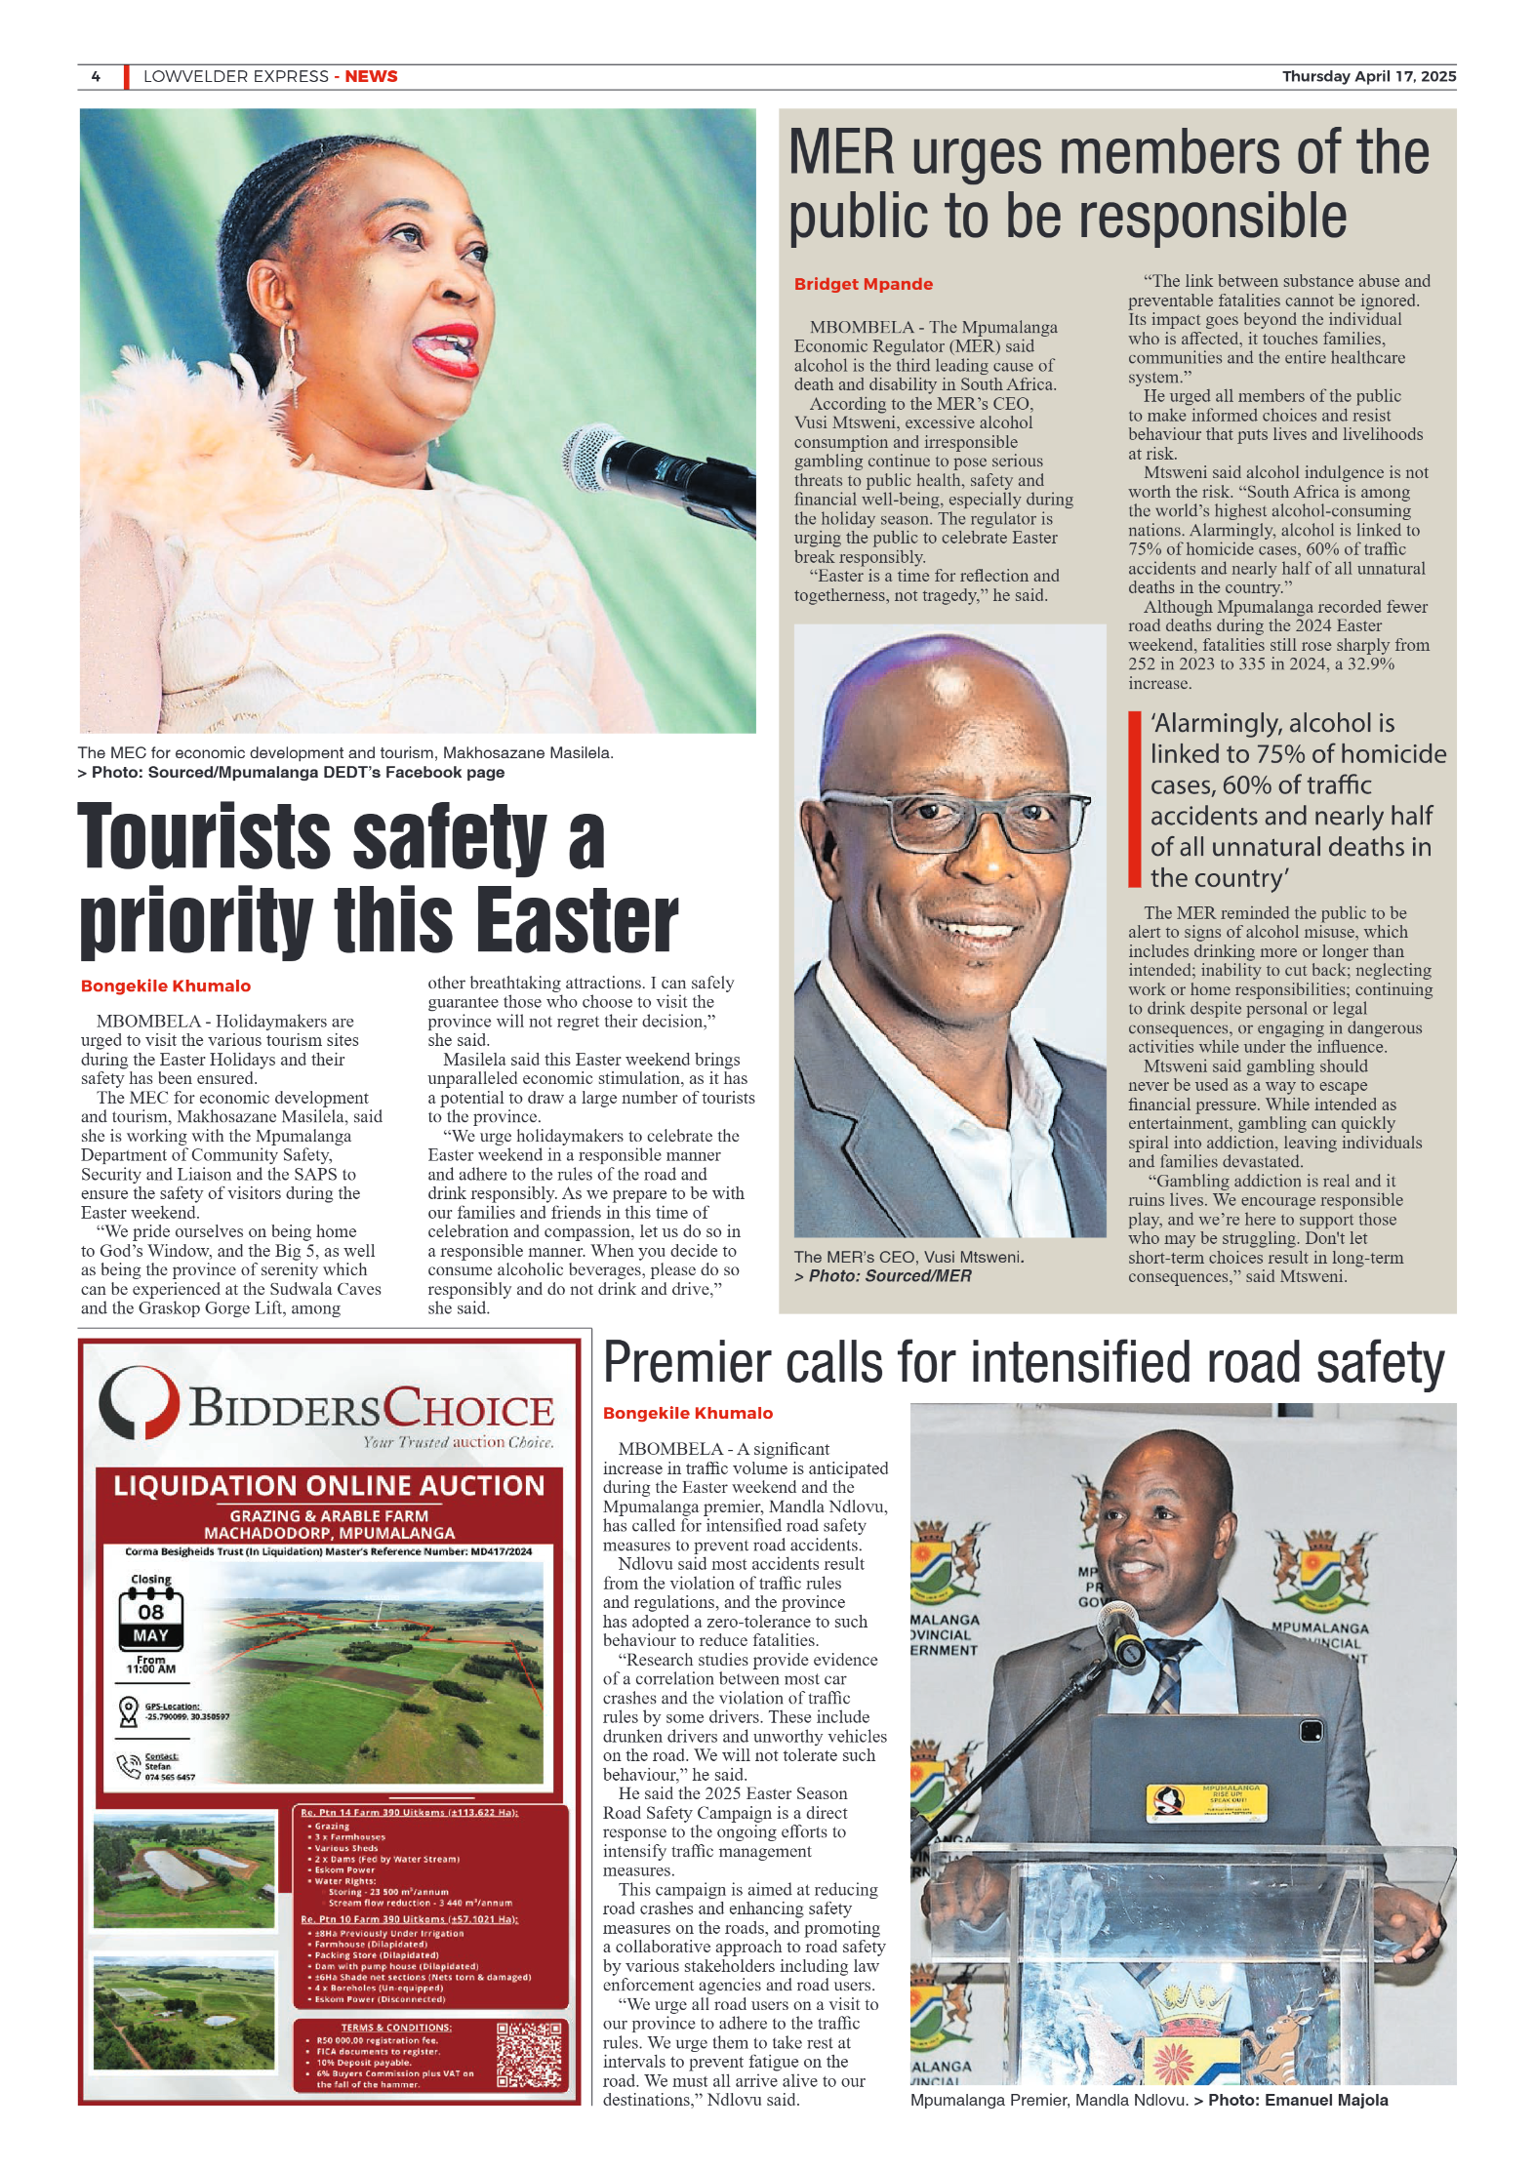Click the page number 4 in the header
96,76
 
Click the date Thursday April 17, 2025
1368,76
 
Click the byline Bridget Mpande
863,284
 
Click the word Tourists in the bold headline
204,837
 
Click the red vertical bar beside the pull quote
1134,799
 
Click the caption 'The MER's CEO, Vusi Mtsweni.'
908,1257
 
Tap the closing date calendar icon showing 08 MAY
150,1621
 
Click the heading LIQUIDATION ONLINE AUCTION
329,1486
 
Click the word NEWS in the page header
371,76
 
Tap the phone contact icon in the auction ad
128,1764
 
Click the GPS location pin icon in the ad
128,1710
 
